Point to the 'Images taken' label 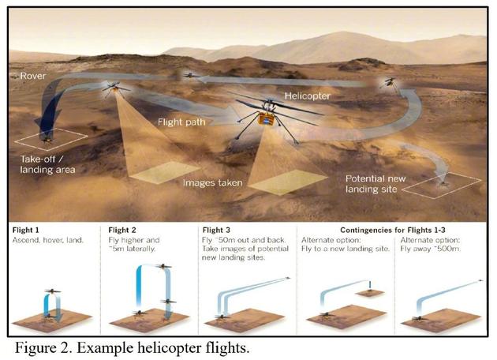click(x=212, y=182)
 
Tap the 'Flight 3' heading click(x=218, y=229)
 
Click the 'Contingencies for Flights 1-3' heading click(x=377, y=229)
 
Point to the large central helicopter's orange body click(x=266, y=120)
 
